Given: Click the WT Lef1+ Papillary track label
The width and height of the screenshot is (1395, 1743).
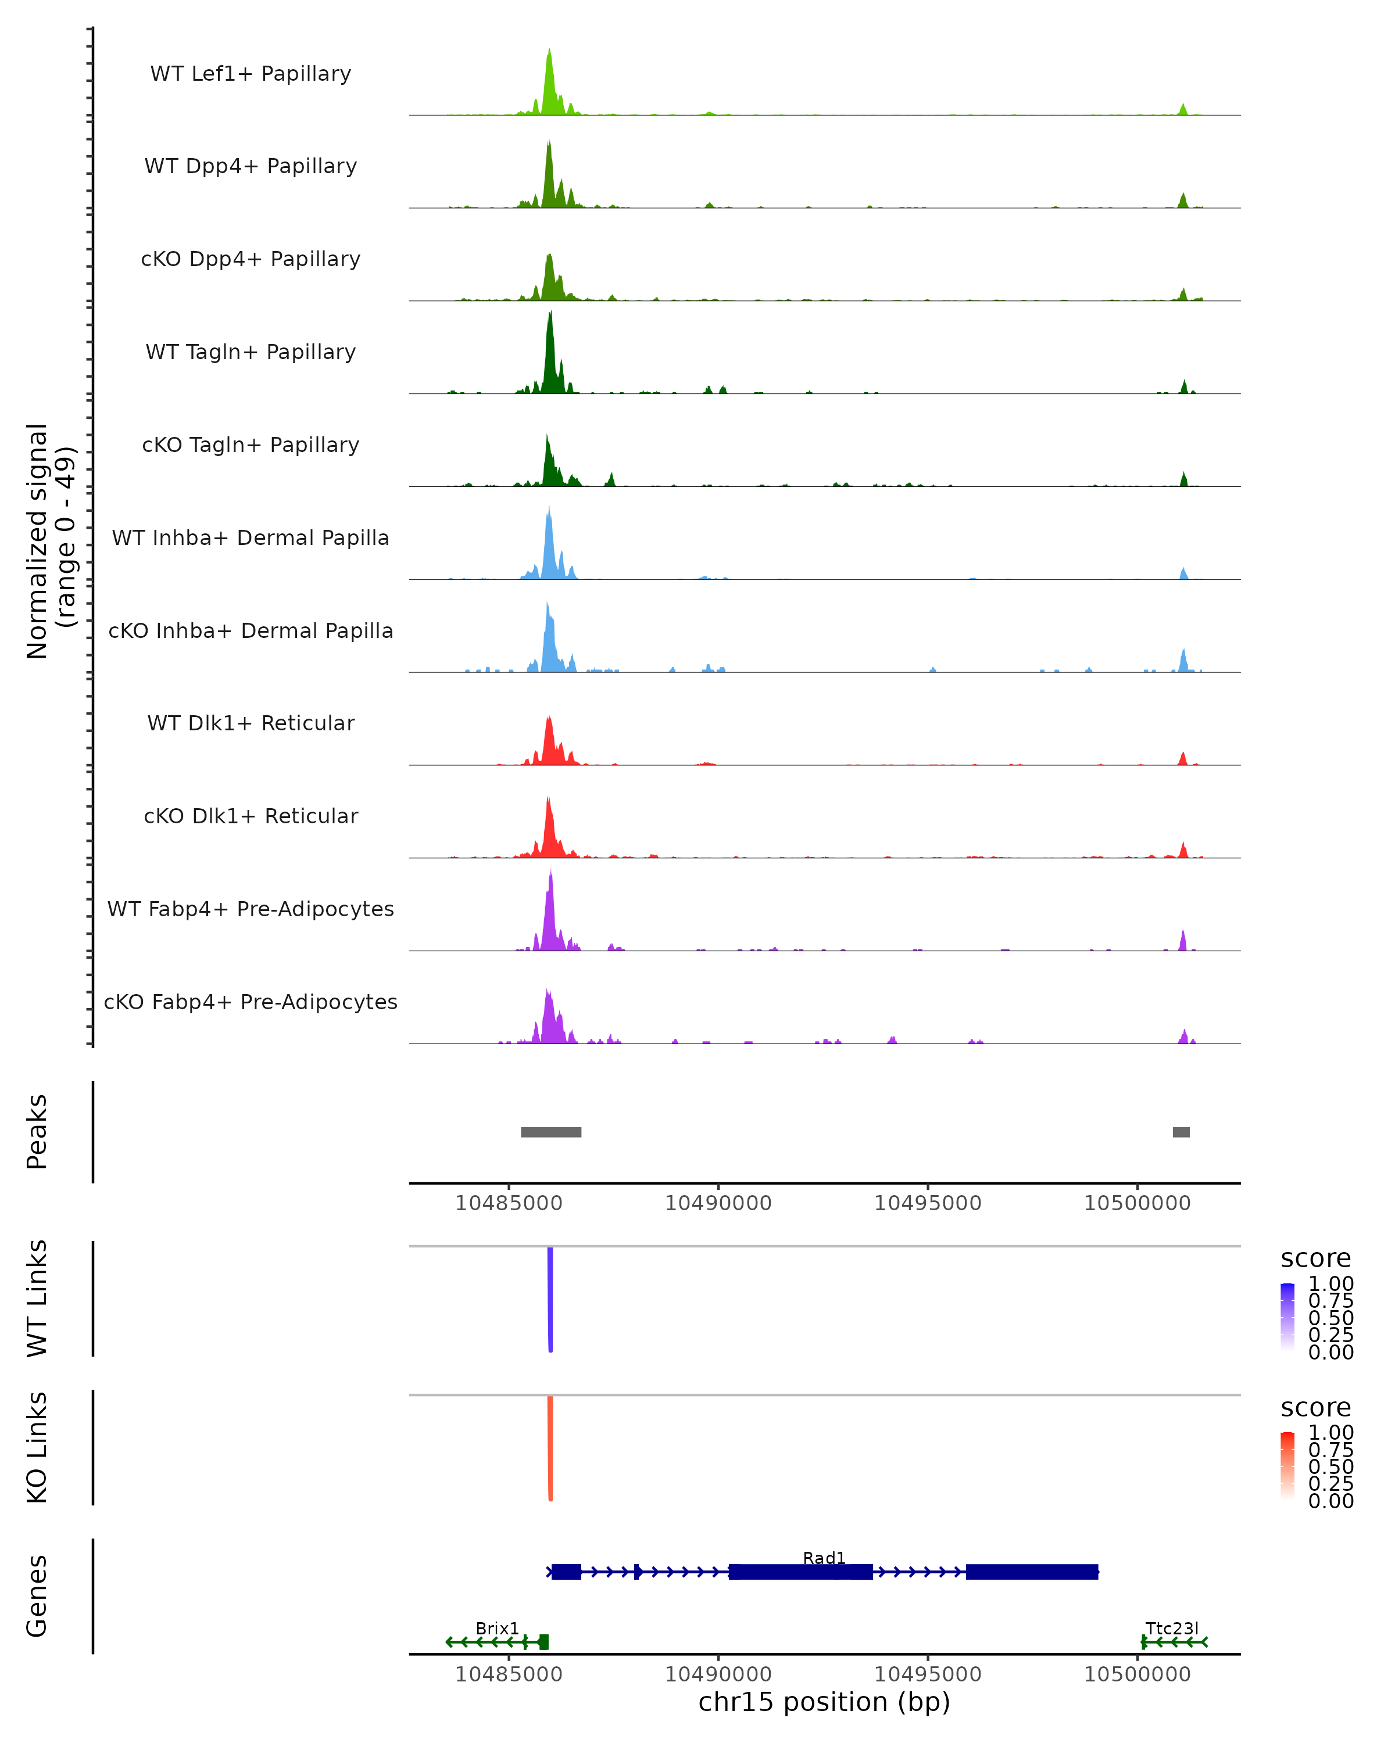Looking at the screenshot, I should pos(251,74).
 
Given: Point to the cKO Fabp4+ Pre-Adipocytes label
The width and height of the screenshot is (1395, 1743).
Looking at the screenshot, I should pos(251,1002).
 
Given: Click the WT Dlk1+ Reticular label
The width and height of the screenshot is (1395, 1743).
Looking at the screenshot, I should pos(251,723).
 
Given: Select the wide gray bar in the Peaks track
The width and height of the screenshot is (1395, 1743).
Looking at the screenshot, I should pos(550,1132).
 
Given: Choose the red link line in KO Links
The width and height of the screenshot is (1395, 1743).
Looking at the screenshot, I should pos(550,1447).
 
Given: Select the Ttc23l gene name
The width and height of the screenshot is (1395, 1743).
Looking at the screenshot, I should pos(1172,1628).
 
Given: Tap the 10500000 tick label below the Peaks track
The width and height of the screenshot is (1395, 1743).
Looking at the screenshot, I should pos(1137,1203).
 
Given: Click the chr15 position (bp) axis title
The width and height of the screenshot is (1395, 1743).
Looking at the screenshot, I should pos(824,1702).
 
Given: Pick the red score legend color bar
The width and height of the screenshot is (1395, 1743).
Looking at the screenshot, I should pos(1287,1466).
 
